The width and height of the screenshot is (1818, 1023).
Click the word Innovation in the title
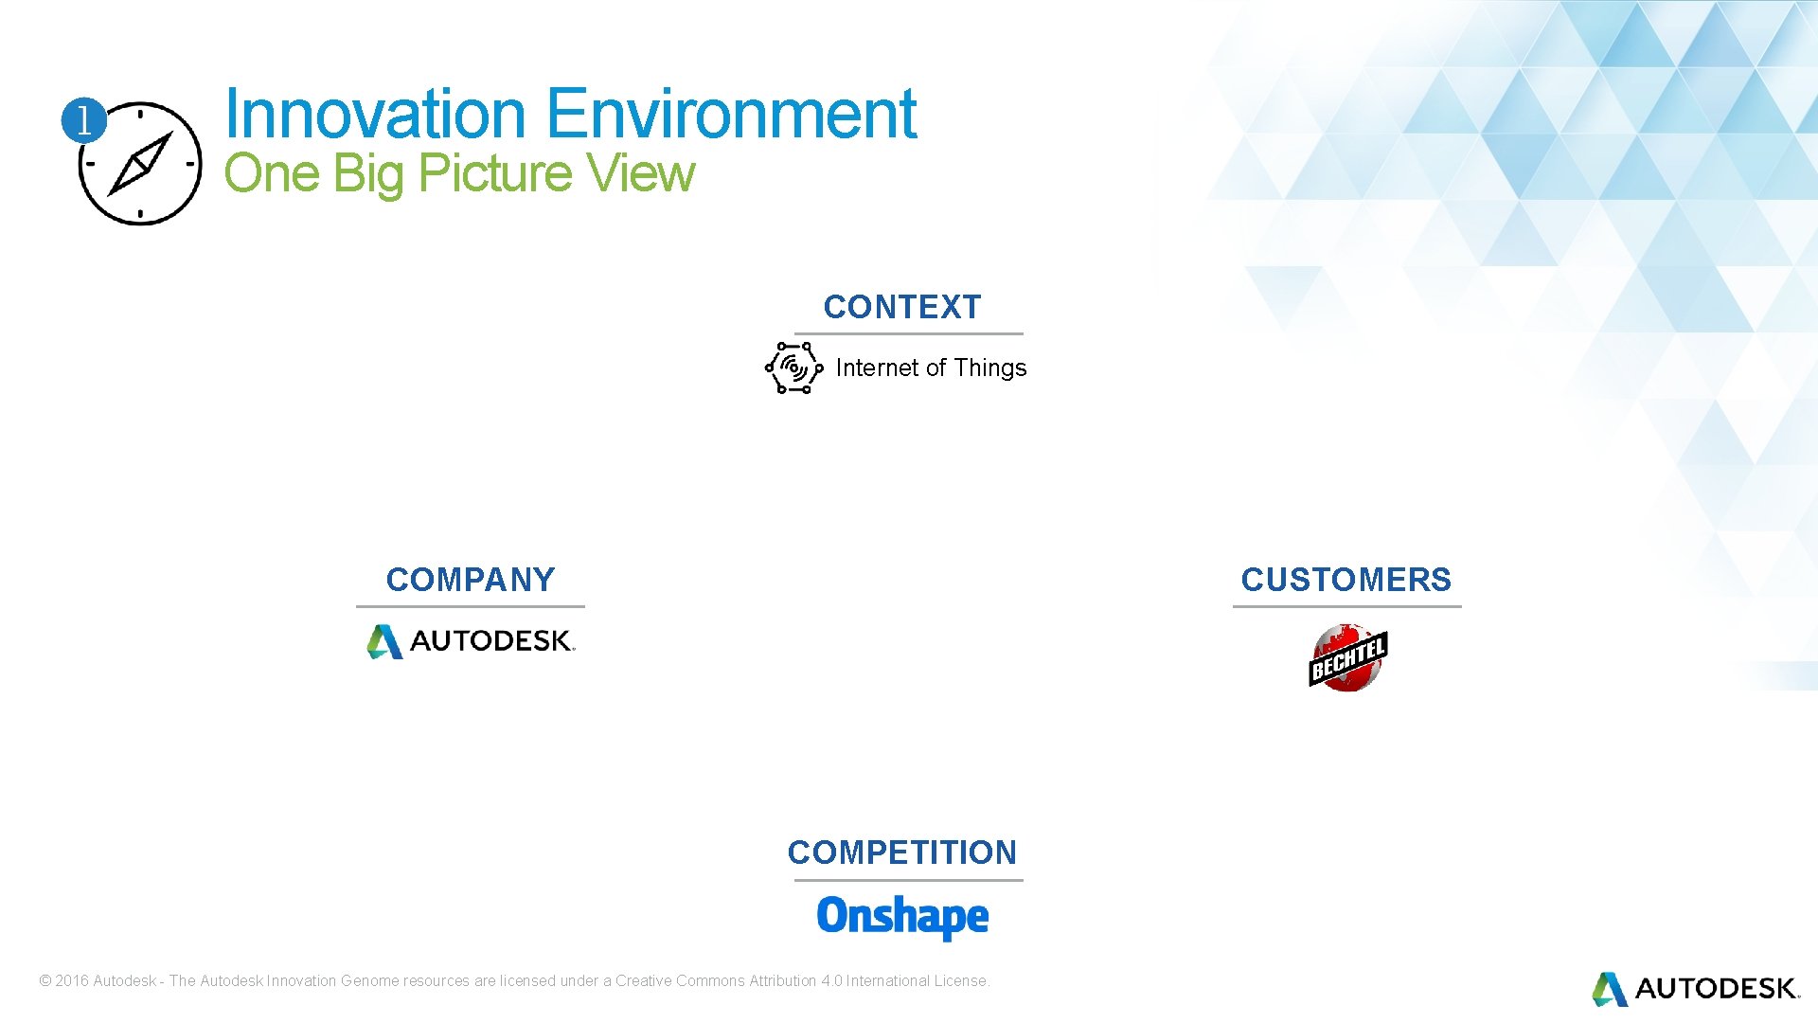click(x=374, y=114)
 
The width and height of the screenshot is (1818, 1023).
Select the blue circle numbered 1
click(x=83, y=120)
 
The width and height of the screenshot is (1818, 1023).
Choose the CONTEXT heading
click(x=901, y=307)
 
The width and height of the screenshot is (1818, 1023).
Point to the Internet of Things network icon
click(x=793, y=368)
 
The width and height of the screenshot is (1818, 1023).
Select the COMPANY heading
click(x=471, y=580)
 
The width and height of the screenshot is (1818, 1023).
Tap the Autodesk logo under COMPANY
click(x=471, y=641)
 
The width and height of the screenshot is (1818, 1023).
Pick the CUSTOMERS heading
click(x=1346, y=580)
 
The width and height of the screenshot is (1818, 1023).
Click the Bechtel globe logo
click(x=1347, y=657)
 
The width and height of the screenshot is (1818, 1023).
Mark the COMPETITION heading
click(x=901, y=852)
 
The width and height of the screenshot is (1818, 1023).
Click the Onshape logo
click(x=902, y=917)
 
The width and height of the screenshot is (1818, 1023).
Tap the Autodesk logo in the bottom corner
click(x=1695, y=989)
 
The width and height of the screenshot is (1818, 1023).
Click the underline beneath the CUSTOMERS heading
click(x=1346, y=606)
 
